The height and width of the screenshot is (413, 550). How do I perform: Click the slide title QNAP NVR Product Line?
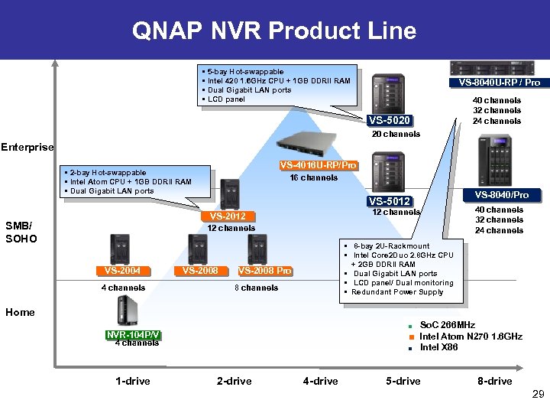pyautogui.click(x=274, y=31)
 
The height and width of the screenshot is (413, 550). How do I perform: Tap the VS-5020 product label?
pyautogui.click(x=390, y=120)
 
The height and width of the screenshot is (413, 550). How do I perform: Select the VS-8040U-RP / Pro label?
pyautogui.click(x=499, y=83)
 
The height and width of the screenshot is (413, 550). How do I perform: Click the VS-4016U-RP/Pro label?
pyautogui.click(x=319, y=165)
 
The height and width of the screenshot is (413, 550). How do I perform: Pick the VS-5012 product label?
pyautogui.click(x=390, y=201)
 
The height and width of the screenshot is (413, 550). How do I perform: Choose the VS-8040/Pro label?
pyautogui.click(x=501, y=195)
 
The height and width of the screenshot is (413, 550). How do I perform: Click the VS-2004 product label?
pyautogui.click(x=123, y=270)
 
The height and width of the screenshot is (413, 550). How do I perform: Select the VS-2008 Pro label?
pyautogui.click(x=264, y=270)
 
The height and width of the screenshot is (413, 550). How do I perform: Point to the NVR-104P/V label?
pyautogui.click(x=132, y=334)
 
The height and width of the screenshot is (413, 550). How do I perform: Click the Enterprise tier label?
pyautogui.click(x=27, y=147)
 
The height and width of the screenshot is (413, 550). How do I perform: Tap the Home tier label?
pyautogui.click(x=20, y=312)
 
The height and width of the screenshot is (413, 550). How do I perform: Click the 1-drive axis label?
pyautogui.click(x=133, y=381)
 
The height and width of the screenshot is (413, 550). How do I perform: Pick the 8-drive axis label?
pyautogui.click(x=494, y=381)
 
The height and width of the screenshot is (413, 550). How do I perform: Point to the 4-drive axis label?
pyautogui.click(x=320, y=381)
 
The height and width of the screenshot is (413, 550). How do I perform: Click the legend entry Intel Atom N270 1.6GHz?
pyautogui.click(x=471, y=337)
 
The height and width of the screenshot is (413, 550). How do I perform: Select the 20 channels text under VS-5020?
pyautogui.click(x=396, y=135)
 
